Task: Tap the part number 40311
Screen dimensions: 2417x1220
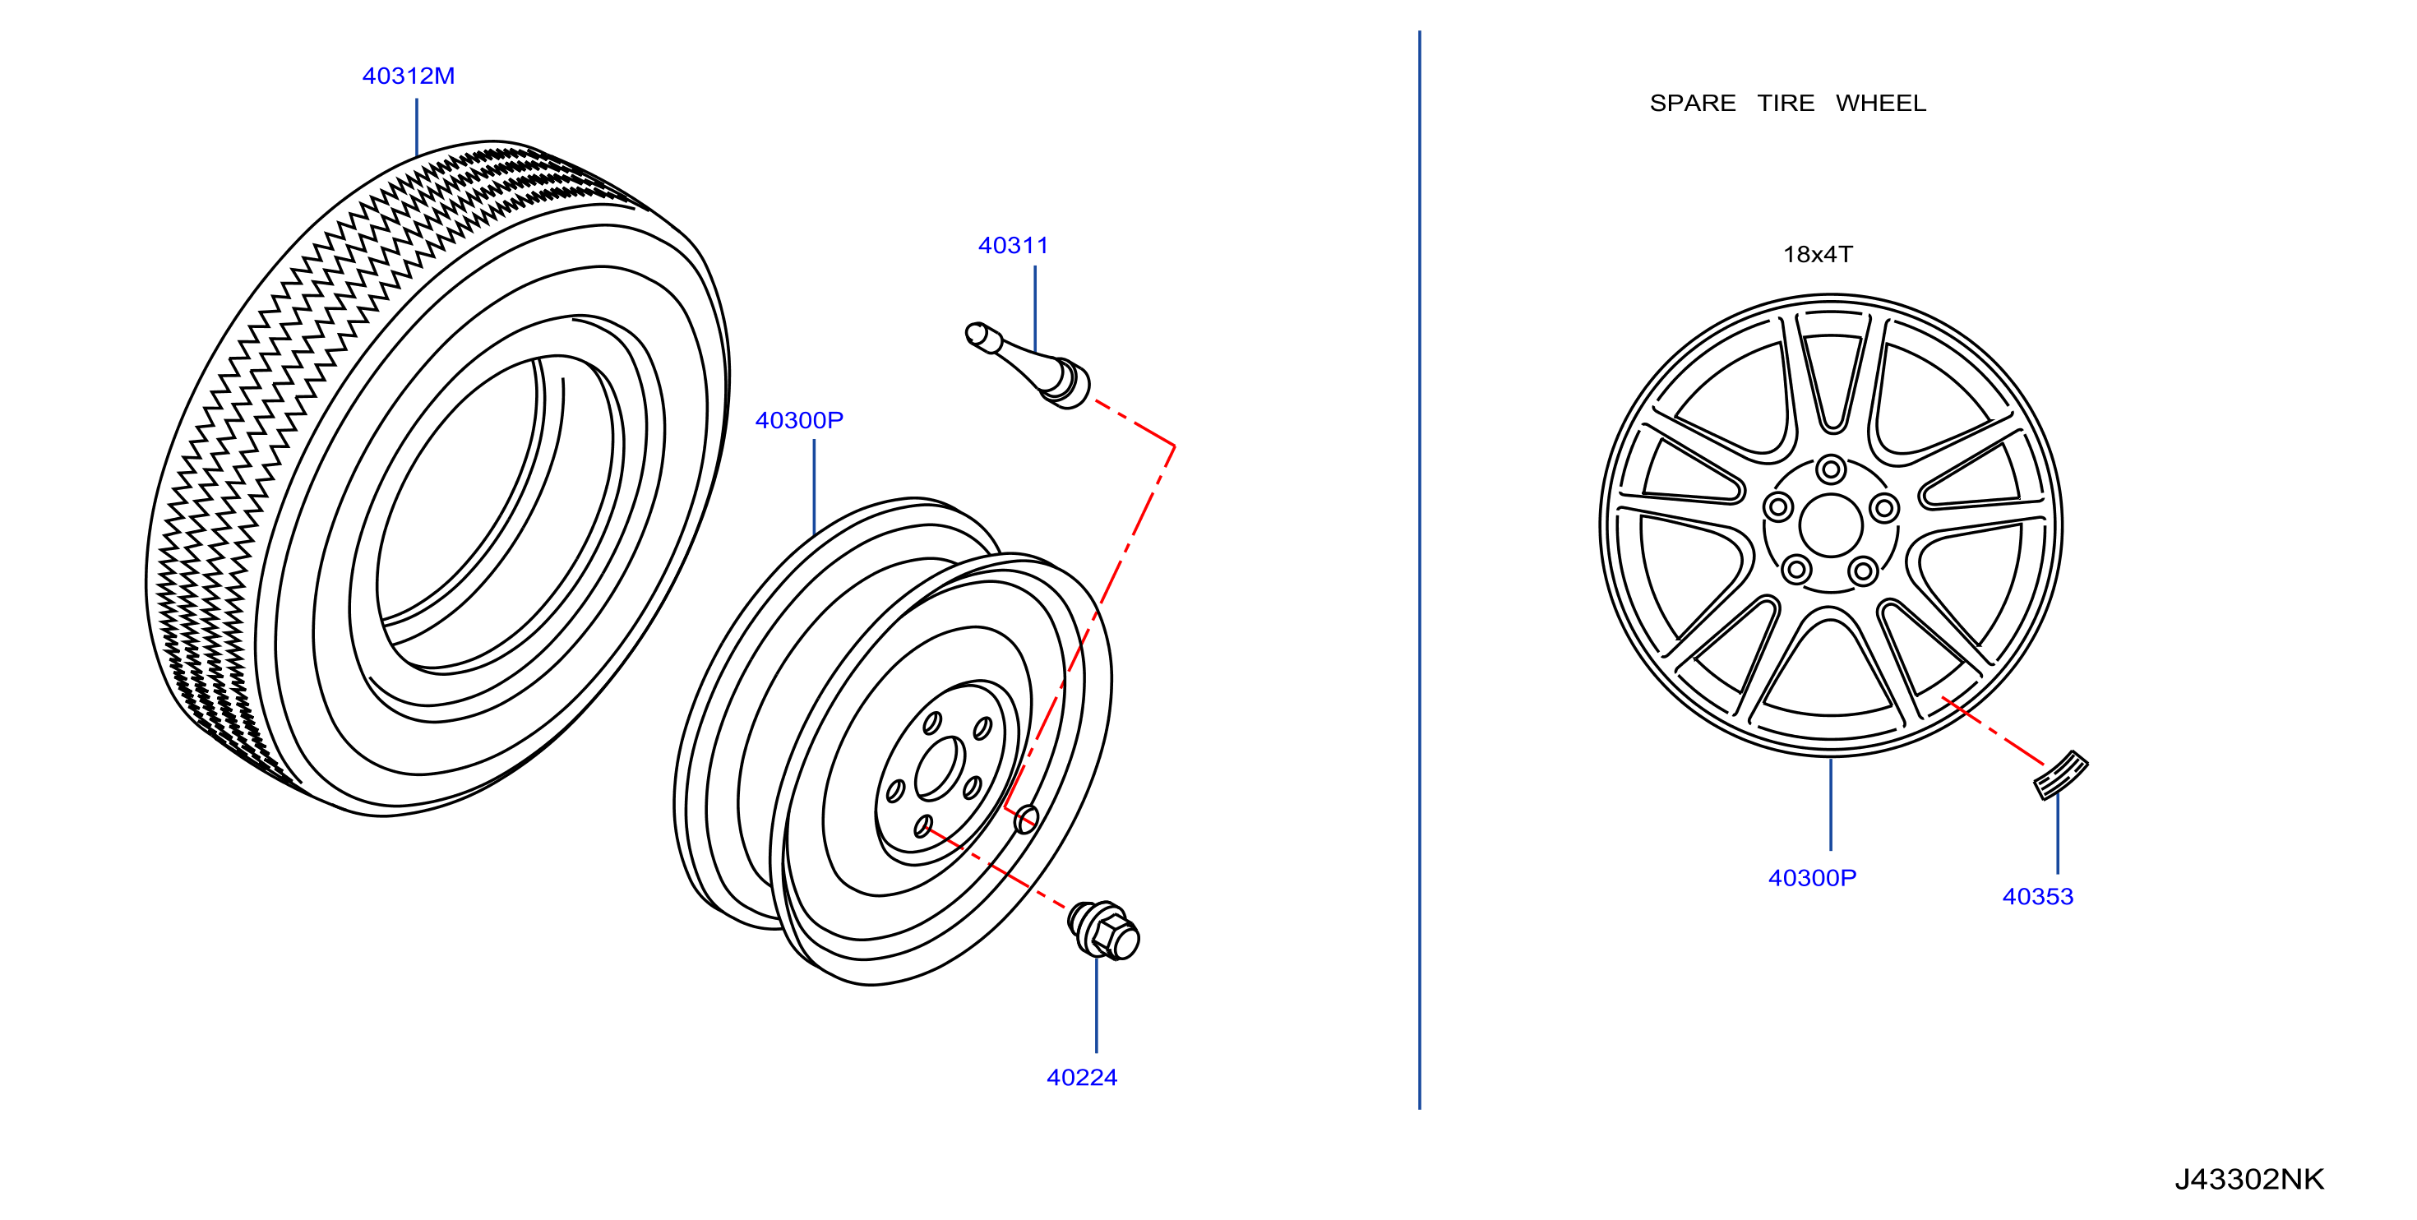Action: [x=1014, y=246]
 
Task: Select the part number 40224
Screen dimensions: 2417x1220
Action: [x=1082, y=1077]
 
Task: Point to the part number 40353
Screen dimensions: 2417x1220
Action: [x=2038, y=896]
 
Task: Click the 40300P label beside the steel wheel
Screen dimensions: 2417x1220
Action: [x=799, y=420]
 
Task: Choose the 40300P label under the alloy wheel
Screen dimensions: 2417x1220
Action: [x=1812, y=877]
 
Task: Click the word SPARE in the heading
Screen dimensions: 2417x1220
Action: [x=1693, y=104]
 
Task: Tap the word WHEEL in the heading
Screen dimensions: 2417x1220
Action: [x=1880, y=104]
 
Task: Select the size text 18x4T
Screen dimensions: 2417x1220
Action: [x=1818, y=254]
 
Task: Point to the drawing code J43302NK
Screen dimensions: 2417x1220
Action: [x=2249, y=1179]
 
